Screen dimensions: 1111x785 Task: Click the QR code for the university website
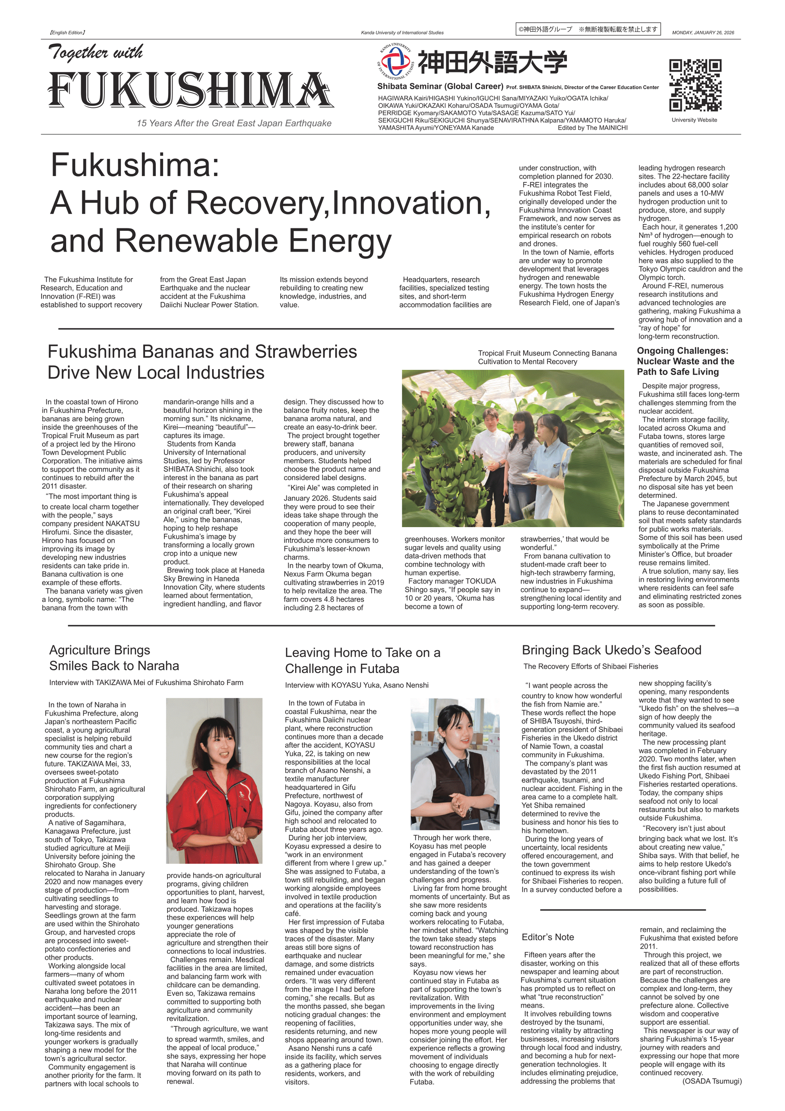(x=695, y=85)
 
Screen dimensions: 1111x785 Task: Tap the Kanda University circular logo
(x=395, y=62)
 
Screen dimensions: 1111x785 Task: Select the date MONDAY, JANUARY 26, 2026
(x=703, y=33)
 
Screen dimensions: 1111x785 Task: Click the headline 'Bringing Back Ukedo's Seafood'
(x=611, y=650)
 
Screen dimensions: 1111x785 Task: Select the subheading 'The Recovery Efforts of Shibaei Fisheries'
(x=590, y=666)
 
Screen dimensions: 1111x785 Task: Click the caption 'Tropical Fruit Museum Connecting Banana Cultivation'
(x=547, y=358)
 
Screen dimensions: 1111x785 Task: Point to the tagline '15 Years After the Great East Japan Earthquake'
(x=234, y=123)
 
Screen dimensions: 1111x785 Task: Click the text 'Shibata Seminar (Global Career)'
(x=440, y=86)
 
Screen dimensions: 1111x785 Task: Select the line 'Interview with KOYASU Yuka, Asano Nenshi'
(x=356, y=685)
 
